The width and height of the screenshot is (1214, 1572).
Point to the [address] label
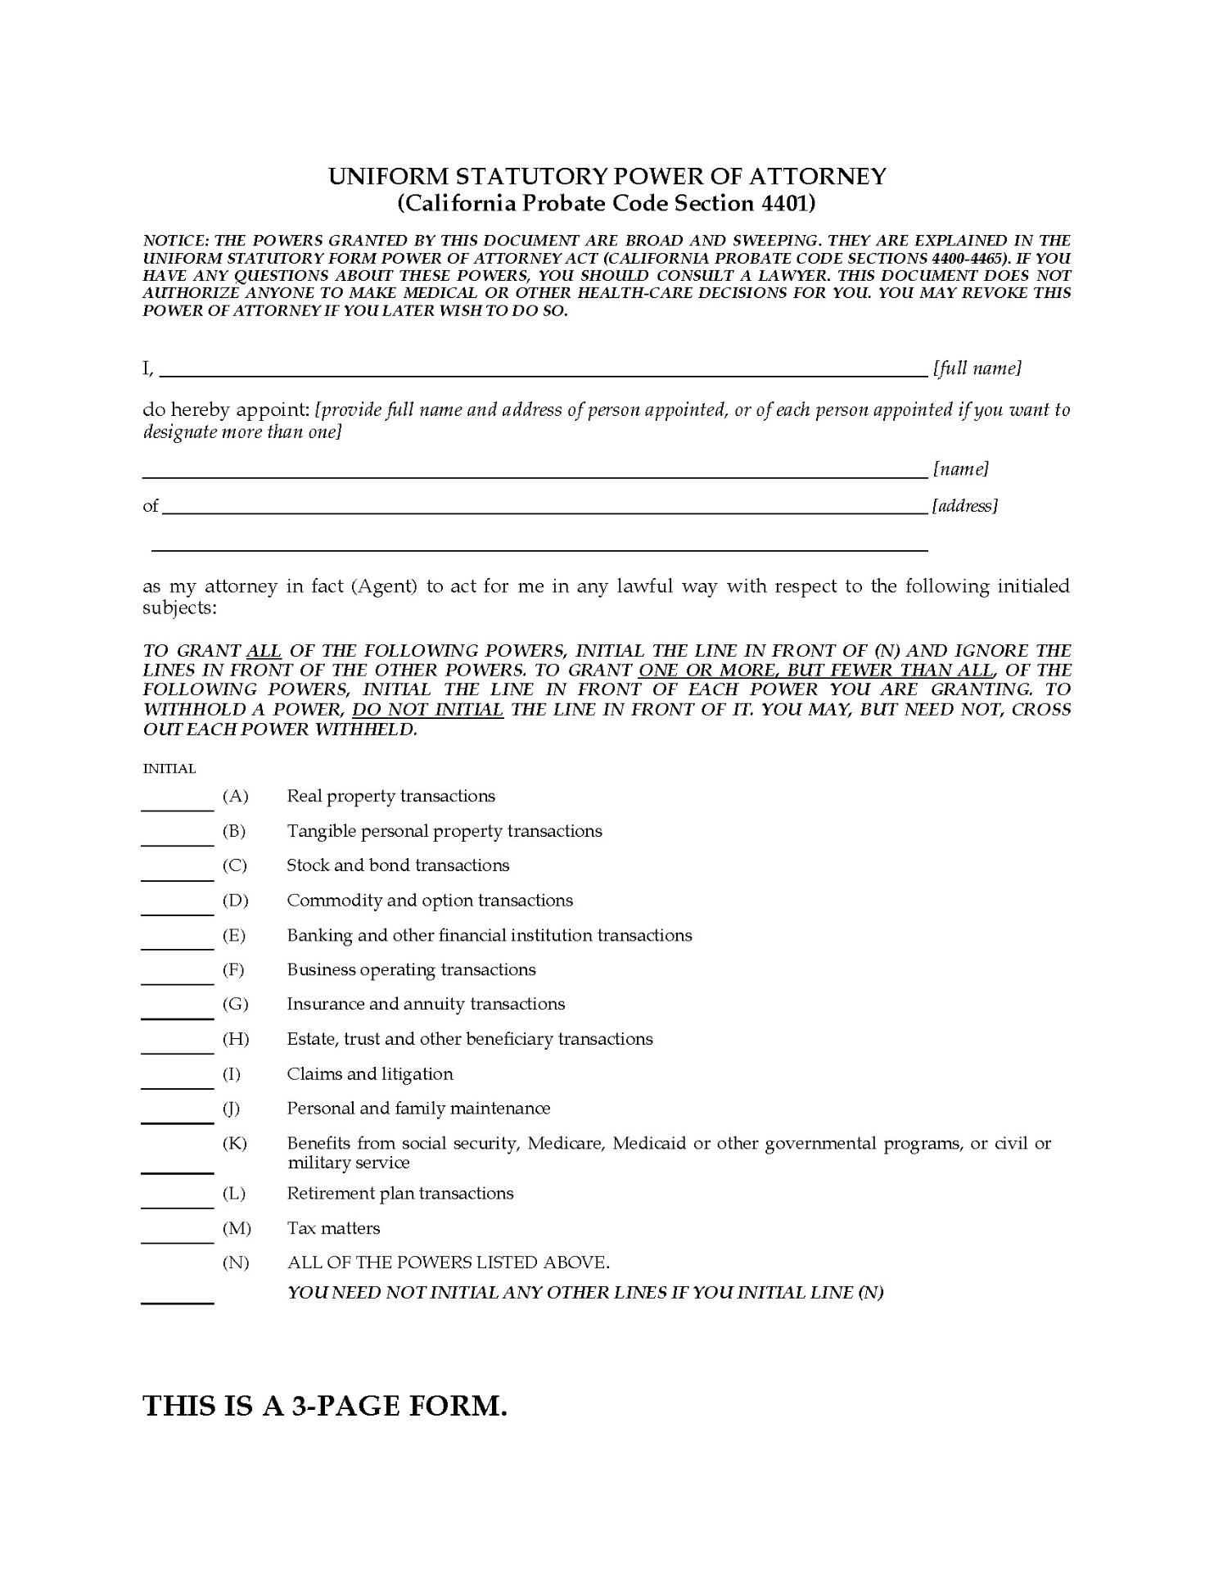coord(965,506)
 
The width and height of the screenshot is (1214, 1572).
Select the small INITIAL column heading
coord(169,769)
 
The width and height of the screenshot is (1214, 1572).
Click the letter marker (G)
coord(235,1004)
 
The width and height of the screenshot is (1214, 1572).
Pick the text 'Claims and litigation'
coord(370,1073)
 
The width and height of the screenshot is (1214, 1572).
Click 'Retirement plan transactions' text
coord(400,1193)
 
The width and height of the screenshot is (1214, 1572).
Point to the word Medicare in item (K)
coord(566,1143)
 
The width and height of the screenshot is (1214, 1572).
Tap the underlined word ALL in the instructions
coord(264,651)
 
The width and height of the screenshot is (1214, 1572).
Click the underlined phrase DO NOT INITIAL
coord(427,710)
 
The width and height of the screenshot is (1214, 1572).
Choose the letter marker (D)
coord(235,901)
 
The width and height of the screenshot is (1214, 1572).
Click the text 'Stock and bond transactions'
coord(398,865)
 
